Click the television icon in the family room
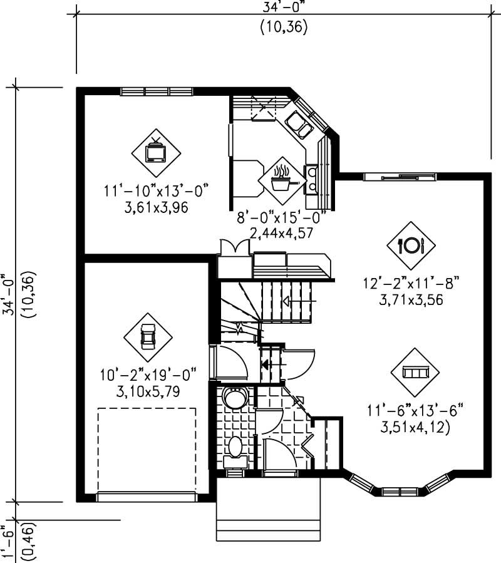pos(155,152)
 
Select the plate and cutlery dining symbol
pos(411,245)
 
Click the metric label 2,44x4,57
pos(281,233)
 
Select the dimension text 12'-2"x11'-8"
pos(411,283)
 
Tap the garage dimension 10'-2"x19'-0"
pos(148,375)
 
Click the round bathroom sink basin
pos(235,398)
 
